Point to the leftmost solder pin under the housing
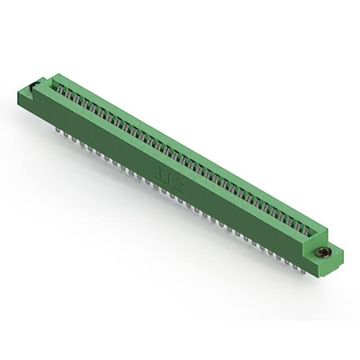click(58, 131)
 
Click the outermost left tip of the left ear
click(19, 92)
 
